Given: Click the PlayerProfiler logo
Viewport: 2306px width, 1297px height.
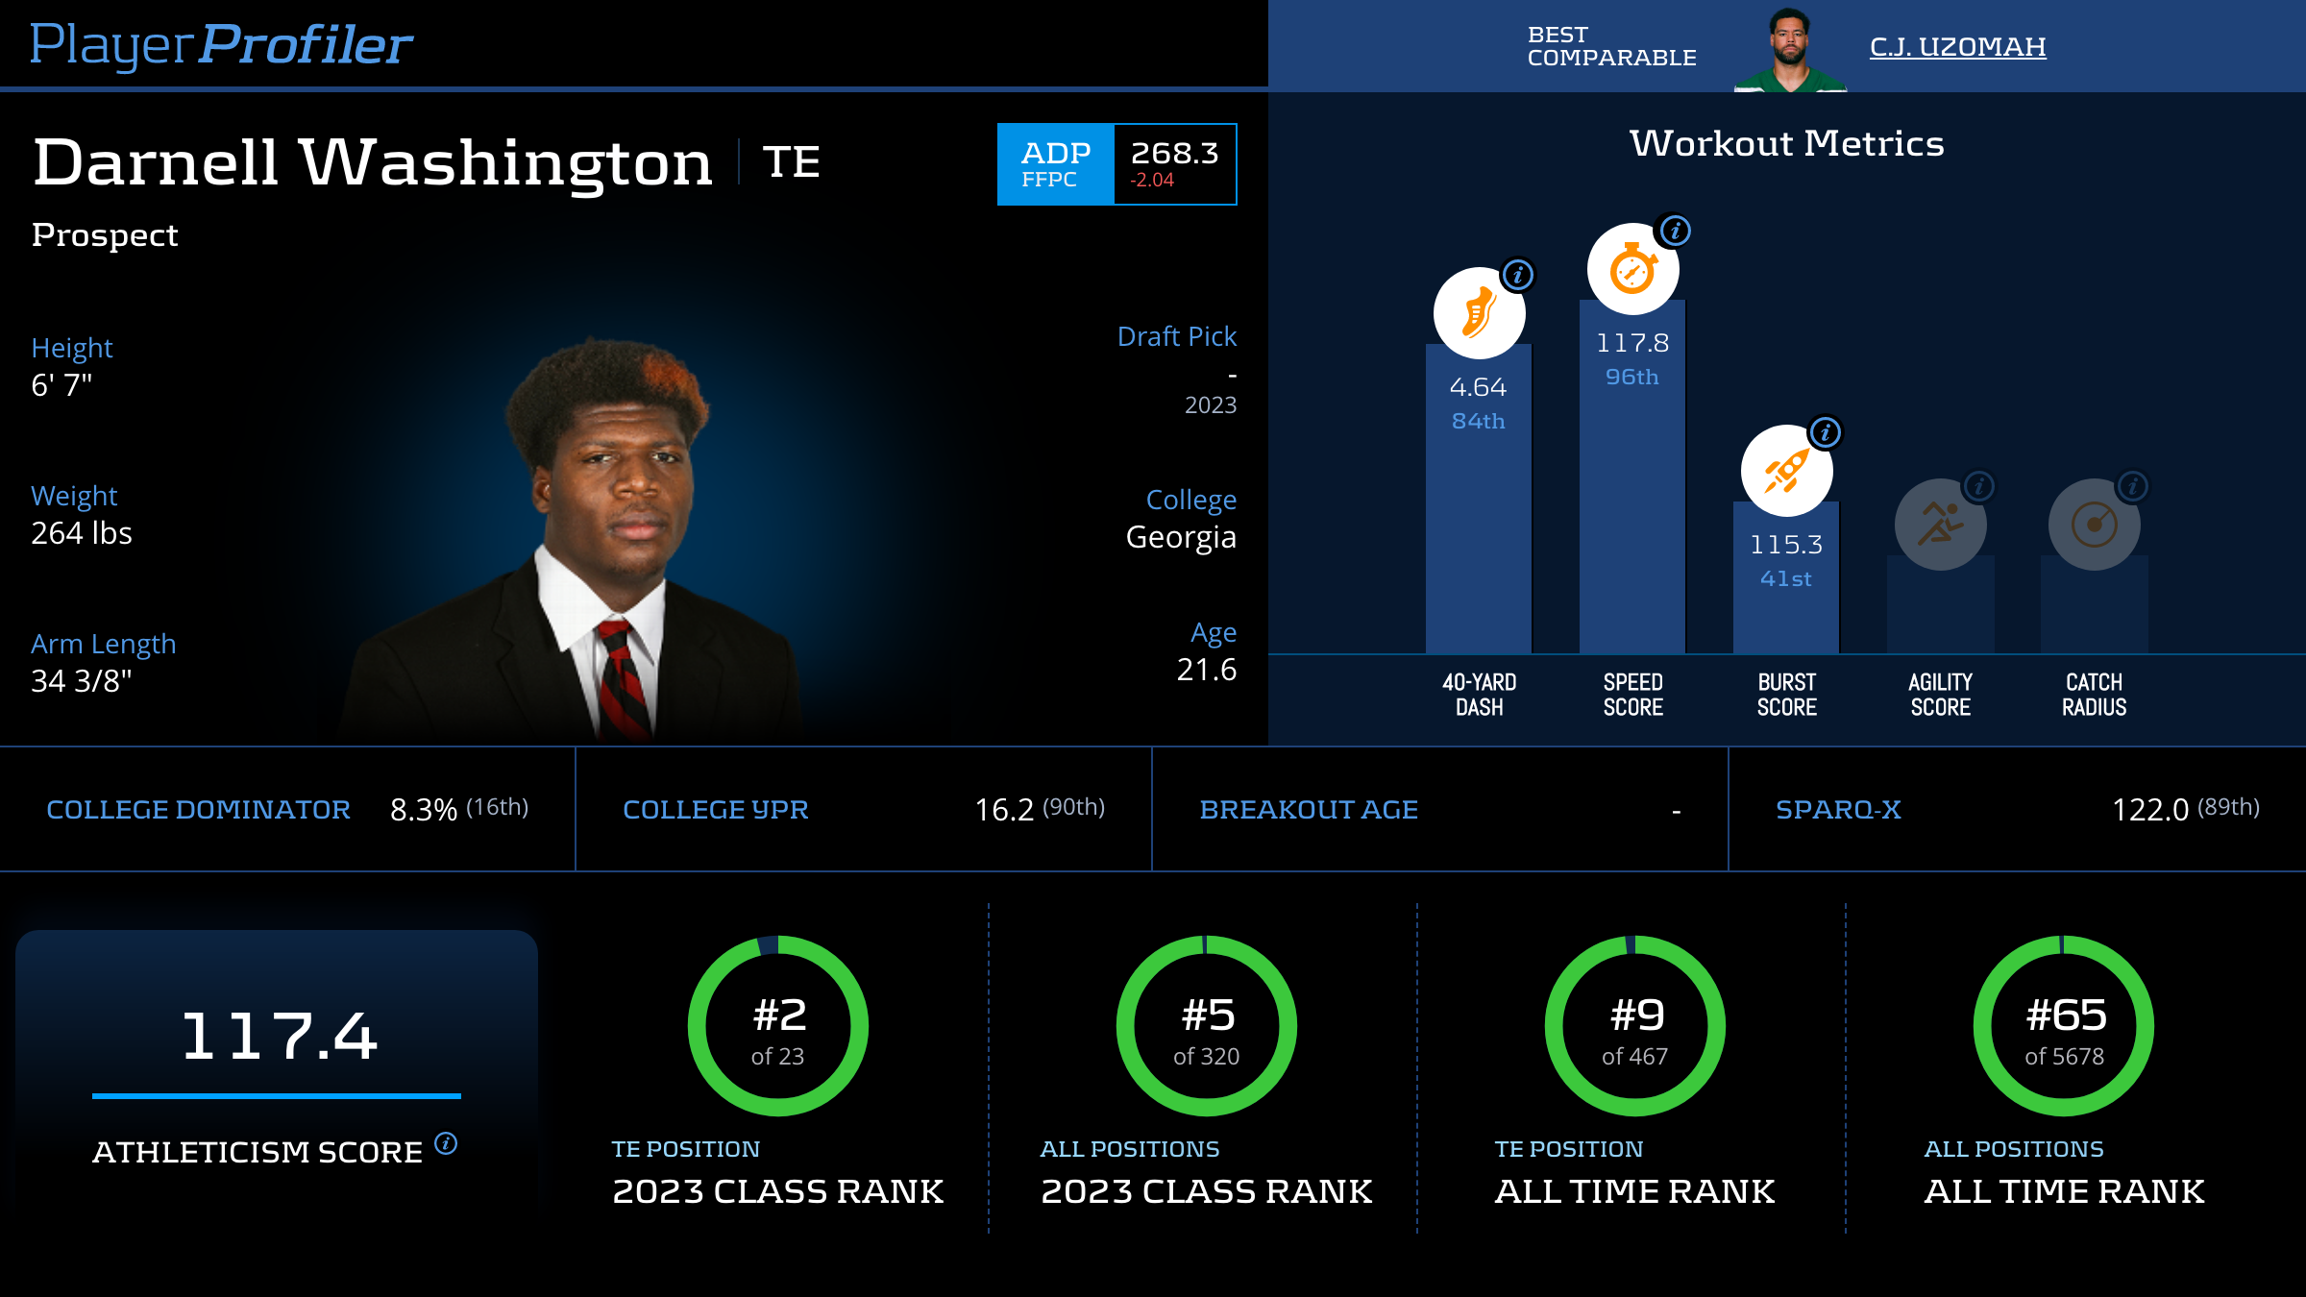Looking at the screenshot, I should coord(221,44).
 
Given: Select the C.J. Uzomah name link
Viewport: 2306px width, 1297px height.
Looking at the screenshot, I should coord(1957,46).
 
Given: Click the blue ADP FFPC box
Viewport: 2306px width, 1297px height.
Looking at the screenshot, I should coord(1055,164).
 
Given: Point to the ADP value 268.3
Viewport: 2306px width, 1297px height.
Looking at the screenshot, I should coord(1174,153).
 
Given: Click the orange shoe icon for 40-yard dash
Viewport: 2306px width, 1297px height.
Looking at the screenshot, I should coord(1479,313).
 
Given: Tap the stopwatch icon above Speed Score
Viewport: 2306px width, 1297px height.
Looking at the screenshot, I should coord(1632,269).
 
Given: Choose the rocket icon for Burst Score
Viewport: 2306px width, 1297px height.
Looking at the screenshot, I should coord(1786,471).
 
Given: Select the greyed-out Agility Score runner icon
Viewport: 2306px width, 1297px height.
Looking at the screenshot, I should coord(1940,525).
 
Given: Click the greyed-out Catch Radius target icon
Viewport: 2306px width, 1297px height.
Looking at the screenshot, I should coord(2094,525).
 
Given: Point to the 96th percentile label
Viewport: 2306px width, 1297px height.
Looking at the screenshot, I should coord(1631,377).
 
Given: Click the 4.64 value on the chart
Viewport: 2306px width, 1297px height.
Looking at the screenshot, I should coord(1478,387).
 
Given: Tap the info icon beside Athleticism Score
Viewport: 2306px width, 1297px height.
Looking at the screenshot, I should coord(446,1143).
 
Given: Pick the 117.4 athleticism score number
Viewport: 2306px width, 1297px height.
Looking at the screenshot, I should coord(279,1036).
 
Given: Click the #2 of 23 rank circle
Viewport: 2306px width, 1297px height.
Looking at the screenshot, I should coord(778,1026).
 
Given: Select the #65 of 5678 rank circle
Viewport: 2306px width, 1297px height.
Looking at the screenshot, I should coord(2064,1026).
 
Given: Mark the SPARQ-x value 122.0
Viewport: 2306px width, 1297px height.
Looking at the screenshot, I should coord(2149,810).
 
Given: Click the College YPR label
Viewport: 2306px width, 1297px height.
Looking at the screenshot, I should coord(716,810).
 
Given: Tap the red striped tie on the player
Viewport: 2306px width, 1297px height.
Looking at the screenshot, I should coord(622,677).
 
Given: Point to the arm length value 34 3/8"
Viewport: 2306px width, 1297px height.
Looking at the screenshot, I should coord(82,681).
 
